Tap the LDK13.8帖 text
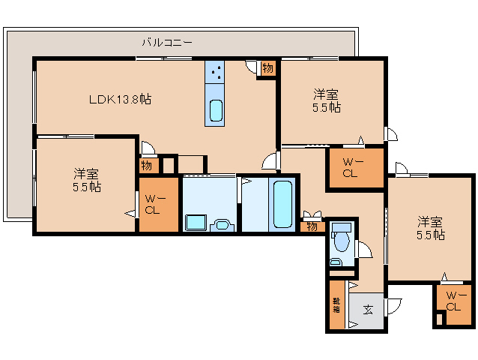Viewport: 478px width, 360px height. [121, 99]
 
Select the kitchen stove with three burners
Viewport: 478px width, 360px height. [216, 72]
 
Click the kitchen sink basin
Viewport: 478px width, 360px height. [216, 110]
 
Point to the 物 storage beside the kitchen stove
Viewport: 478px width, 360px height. [267, 68]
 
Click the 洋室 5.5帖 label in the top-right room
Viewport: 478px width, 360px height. [326, 100]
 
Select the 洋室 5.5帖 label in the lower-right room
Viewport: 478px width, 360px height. [431, 228]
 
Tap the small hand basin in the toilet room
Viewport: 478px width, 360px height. [336, 262]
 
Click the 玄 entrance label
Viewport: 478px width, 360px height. [368, 308]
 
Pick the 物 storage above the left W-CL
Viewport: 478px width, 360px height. [147, 165]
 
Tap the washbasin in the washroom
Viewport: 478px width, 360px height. [222, 224]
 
